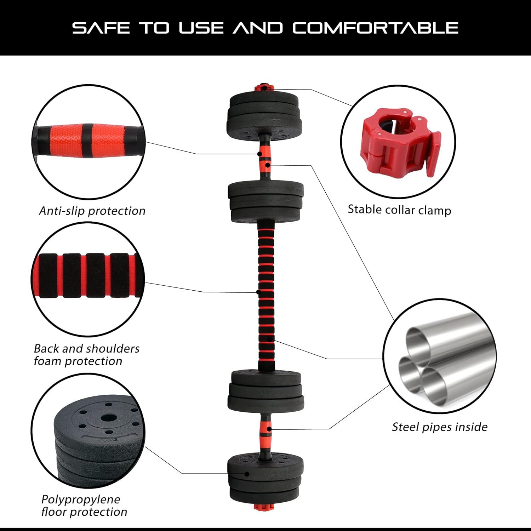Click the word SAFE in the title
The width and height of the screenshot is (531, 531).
101,28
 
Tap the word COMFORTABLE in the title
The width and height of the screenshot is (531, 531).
375,28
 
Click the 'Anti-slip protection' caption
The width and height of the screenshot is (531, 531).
92,211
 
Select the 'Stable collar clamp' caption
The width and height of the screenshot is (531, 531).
399,210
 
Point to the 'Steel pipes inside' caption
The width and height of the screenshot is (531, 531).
439,427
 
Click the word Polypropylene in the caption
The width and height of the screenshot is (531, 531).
81,499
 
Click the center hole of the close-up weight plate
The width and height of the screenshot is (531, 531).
105,418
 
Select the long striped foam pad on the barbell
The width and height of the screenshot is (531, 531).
266,294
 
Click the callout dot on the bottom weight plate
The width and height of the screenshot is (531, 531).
247,474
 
